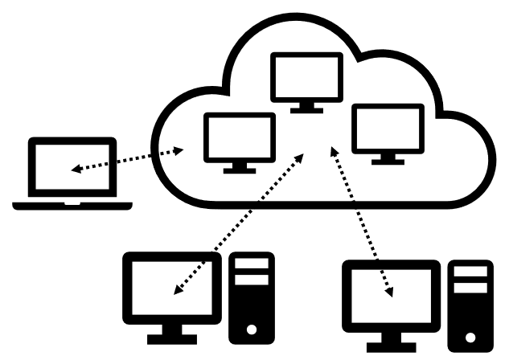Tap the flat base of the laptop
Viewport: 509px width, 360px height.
click(72, 205)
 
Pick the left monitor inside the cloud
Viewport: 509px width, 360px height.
click(239, 137)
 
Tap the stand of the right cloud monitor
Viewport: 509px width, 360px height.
click(388, 159)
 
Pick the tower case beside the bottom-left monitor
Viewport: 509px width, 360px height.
click(251, 297)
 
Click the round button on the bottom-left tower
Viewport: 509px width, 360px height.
click(252, 329)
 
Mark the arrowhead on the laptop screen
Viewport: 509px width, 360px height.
click(75, 170)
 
